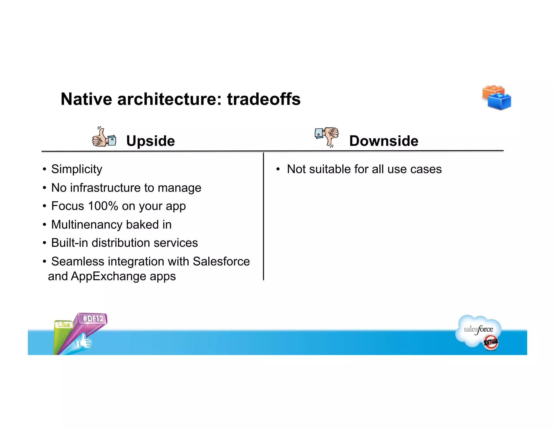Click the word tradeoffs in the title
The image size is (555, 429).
point(264,99)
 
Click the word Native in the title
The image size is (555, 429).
point(86,99)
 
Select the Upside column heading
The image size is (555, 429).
point(150,141)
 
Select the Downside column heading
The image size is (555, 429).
point(383,141)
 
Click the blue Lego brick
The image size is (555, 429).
point(499,101)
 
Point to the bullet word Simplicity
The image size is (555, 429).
point(77,169)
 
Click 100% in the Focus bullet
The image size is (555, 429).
point(103,206)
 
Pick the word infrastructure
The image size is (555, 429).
point(105,188)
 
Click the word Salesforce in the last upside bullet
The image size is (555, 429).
point(221,262)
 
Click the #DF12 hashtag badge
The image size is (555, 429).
point(93,319)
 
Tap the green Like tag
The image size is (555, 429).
point(64,325)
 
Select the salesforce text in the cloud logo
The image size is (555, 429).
point(478,329)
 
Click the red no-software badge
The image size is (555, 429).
point(491,342)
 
